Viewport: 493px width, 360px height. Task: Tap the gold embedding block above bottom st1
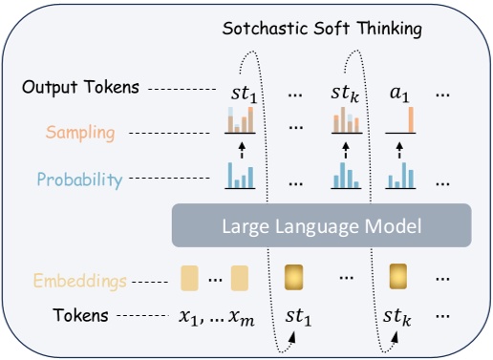click(294, 278)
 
